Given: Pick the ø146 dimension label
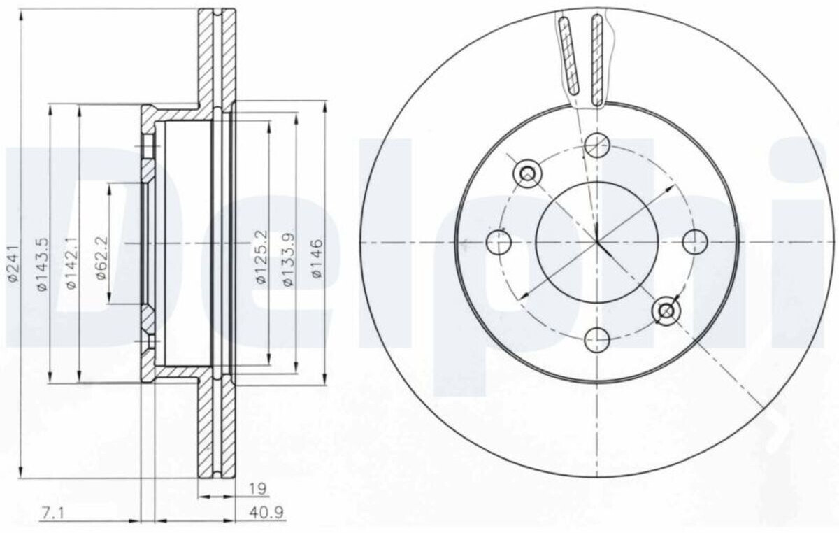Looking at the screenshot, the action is [x=317, y=258].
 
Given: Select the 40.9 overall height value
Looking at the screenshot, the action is [x=266, y=513].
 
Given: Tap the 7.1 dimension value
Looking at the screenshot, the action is [x=52, y=513].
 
